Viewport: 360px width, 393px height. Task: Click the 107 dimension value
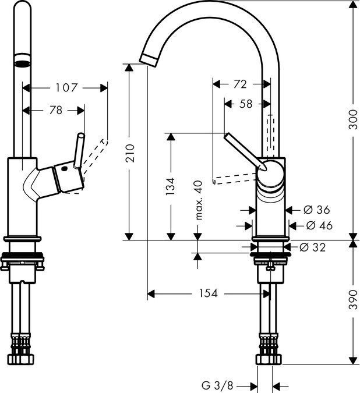[x=66, y=88]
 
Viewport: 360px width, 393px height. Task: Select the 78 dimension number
[x=56, y=110]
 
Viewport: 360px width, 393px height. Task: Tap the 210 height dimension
[x=132, y=152]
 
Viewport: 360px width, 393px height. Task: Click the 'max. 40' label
[x=198, y=199]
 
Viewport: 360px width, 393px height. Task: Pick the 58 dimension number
[x=246, y=105]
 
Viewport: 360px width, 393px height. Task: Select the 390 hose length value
[x=352, y=302]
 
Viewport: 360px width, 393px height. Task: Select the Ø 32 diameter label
[x=313, y=247]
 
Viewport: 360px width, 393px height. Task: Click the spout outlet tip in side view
[x=149, y=57]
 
